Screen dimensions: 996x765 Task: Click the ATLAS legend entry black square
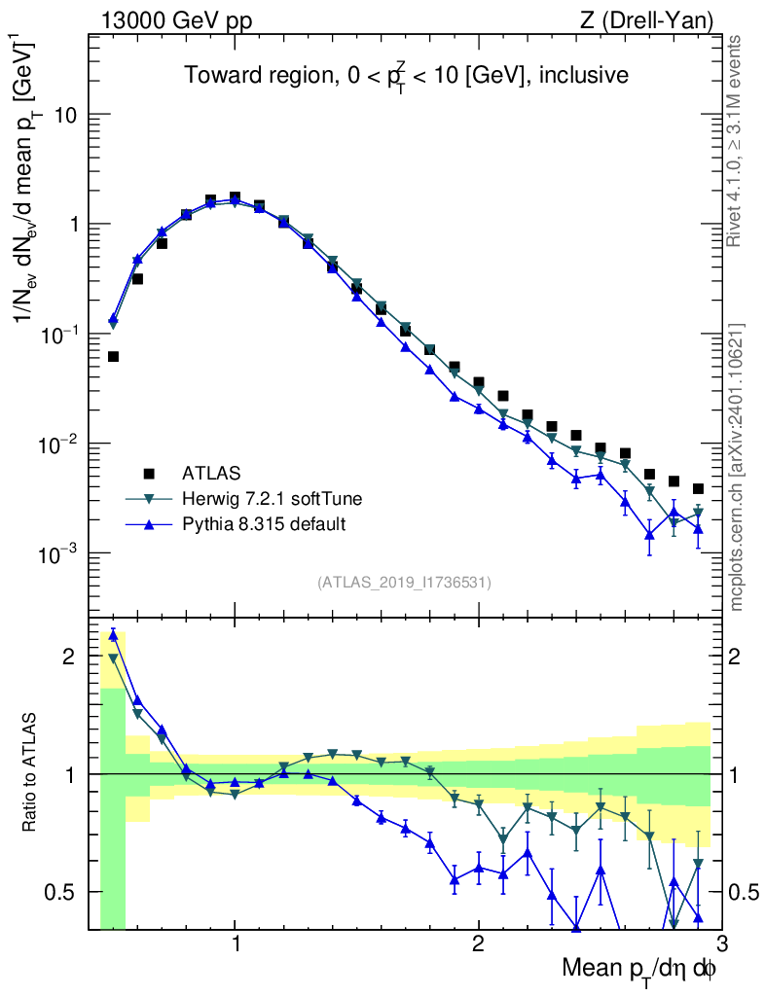(149, 474)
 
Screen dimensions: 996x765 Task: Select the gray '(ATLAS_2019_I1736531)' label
(404, 583)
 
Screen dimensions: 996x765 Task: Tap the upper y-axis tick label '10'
(64, 115)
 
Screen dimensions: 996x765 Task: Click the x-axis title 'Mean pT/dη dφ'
(639, 970)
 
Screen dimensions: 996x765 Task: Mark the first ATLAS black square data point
(113, 357)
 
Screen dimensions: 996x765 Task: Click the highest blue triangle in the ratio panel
(113, 635)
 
